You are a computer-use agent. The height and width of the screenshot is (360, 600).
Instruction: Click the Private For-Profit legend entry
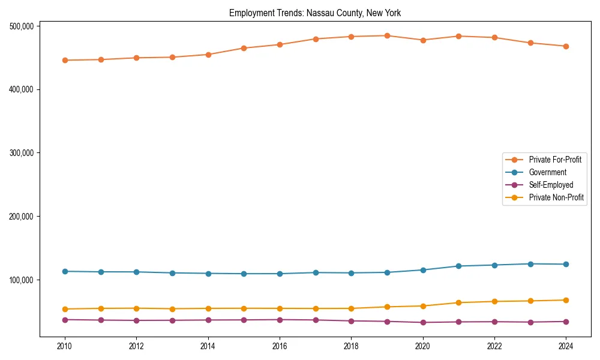click(555, 160)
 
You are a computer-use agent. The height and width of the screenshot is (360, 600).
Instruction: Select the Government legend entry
click(547, 172)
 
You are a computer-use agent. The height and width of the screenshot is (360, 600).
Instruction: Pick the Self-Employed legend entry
click(551, 185)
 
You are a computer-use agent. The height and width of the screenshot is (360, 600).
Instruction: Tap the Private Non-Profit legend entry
click(556, 197)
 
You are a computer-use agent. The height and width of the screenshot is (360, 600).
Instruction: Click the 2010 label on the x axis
click(65, 346)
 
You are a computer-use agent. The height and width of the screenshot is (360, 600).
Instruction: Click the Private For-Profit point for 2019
click(387, 35)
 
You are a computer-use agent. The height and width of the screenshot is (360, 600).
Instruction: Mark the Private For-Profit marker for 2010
click(65, 60)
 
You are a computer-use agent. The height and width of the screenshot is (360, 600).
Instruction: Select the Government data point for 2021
click(458, 266)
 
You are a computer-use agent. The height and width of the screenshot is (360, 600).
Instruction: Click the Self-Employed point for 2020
click(423, 322)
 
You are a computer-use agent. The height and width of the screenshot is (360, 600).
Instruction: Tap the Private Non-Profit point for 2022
click(494, 301)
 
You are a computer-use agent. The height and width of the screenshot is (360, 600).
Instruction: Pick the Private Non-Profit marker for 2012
click(136, 308)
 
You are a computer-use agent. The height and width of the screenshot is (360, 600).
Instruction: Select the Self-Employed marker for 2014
click(208, 320)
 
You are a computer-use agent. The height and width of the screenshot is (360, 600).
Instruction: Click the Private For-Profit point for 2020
click(423, 40)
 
